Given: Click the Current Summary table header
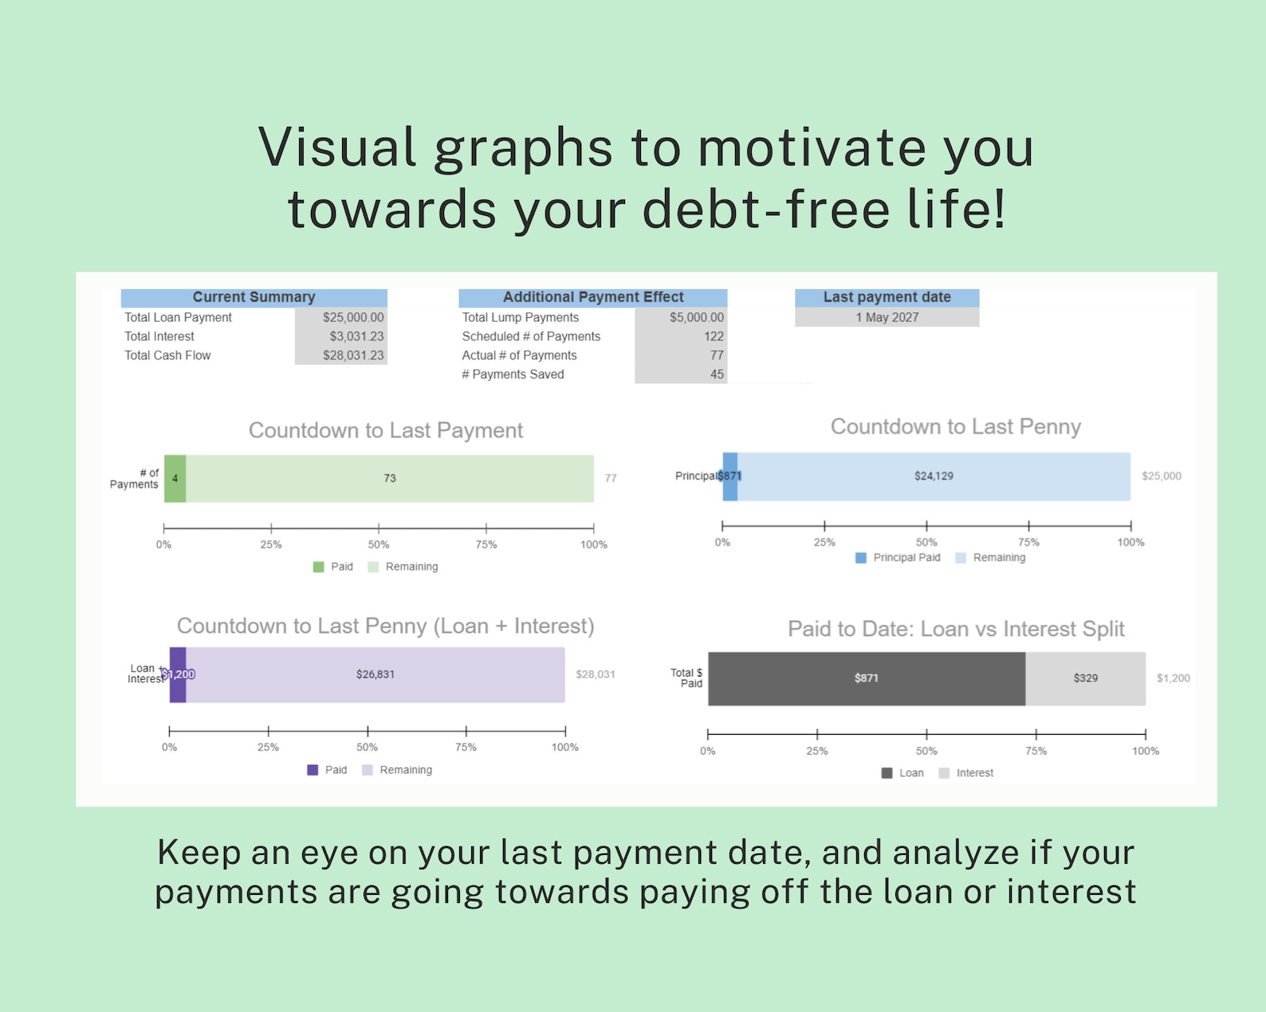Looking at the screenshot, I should (x=254, y=297).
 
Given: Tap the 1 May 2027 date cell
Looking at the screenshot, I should (x=887, y=317).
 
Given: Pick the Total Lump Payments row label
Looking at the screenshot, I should (x=520, y=317).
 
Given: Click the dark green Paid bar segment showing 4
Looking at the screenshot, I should (x=175, y=478).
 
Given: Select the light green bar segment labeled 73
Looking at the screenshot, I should (x=390, y=478).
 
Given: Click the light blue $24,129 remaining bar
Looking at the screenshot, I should (x=933, y=477).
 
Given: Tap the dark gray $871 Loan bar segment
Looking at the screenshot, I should (x=866, y=678).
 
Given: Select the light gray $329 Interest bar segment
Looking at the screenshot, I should (x=1085, y=678).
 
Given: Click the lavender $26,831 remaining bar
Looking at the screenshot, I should (x=375, y=674).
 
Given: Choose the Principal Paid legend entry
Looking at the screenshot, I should (x=898, y=558).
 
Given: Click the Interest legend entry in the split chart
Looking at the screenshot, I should (x=966, y=773).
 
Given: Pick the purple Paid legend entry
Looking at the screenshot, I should (x=327, y=770).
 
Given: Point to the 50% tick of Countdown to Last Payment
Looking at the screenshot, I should (x=379, y=529).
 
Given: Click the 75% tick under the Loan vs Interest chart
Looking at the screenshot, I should (x=1036, y=734).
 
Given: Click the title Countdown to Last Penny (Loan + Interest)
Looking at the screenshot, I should (x=385, y=626).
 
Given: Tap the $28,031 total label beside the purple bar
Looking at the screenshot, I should (x=595, y=674).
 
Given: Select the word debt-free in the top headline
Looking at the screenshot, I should (x=765, y=210).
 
